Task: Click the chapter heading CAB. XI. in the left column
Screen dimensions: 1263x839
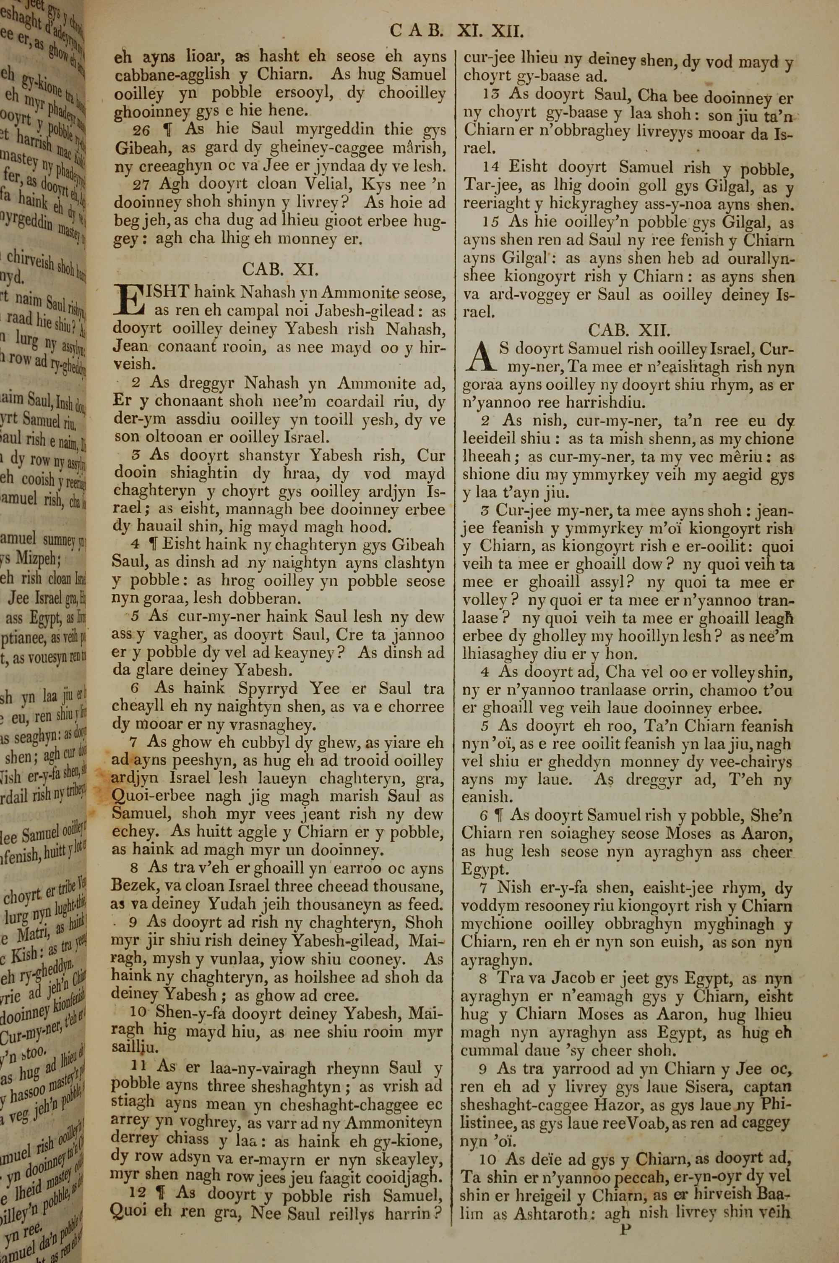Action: [x=280, y=269]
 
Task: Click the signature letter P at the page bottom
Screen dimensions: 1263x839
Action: [x=625, y=1214]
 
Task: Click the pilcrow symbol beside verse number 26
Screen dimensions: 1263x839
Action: [x=171, y=130]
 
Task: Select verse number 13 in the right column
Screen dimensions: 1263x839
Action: [x=491, y=95]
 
